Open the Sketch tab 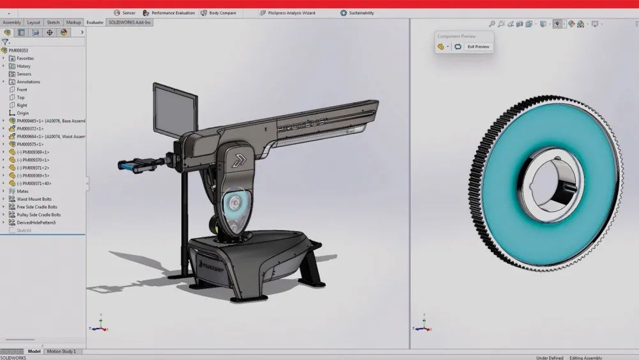coord(54,22)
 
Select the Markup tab coord(73,22)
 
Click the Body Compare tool coord(218,13)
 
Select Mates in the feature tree coord(22,191)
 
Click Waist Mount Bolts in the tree coord(35,199)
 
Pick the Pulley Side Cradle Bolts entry coord(38,215)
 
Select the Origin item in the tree coord(22,113)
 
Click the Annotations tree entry coord(28,82)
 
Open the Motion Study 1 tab coord(61,351)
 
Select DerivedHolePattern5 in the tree coord(36,223)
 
